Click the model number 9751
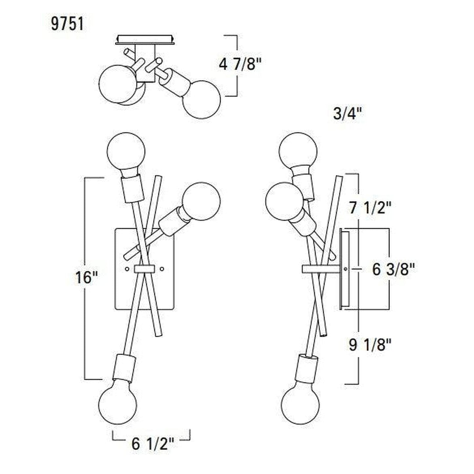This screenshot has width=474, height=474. pos(67,24)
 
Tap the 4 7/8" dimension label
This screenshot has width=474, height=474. pos(239,65)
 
